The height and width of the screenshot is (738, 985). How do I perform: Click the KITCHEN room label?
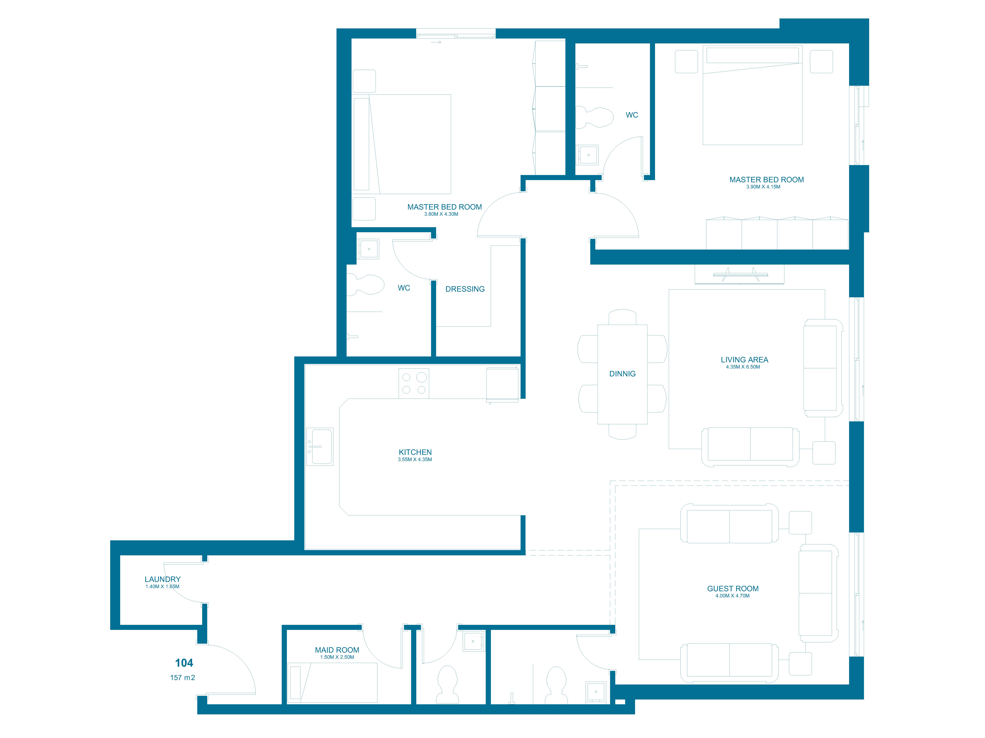415,452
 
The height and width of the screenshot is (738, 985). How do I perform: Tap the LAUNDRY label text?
163,579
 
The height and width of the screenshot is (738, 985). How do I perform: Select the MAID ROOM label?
337,650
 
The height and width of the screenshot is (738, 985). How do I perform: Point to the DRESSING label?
465,289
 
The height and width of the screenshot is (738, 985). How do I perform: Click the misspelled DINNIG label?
622,374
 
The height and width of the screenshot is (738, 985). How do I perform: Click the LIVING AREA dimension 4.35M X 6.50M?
743,367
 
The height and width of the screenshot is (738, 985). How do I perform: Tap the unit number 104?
184,663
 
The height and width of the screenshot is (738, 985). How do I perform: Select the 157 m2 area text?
183,677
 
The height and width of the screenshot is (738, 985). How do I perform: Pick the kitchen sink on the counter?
320,447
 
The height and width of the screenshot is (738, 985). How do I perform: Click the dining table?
622,375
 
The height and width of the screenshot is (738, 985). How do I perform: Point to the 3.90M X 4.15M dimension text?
763,187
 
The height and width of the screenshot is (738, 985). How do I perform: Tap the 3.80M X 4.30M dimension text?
441,214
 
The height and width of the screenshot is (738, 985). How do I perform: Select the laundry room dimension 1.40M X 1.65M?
163,586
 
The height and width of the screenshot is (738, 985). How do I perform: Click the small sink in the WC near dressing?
369,249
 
